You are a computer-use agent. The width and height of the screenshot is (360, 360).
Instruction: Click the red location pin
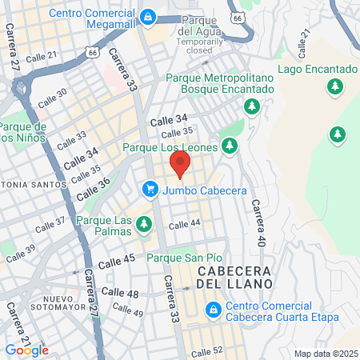180,166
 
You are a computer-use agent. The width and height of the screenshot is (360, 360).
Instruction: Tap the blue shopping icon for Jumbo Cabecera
150,189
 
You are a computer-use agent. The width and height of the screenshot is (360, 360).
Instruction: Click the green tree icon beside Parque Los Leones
230,146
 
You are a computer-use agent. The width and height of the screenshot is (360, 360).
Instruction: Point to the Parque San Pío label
184,258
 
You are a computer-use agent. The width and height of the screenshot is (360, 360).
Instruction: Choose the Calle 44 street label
184,223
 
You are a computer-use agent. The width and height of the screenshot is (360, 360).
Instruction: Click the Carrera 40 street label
258,222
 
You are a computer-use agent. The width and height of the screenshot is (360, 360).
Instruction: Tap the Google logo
26,350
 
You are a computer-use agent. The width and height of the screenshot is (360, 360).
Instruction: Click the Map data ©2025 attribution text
325,354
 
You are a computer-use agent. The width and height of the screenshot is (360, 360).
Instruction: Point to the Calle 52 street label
206,351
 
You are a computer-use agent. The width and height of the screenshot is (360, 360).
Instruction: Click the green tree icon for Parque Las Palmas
144,224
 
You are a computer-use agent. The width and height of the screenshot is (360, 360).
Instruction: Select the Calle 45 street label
117,262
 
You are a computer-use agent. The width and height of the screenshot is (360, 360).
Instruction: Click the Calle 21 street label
41,55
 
